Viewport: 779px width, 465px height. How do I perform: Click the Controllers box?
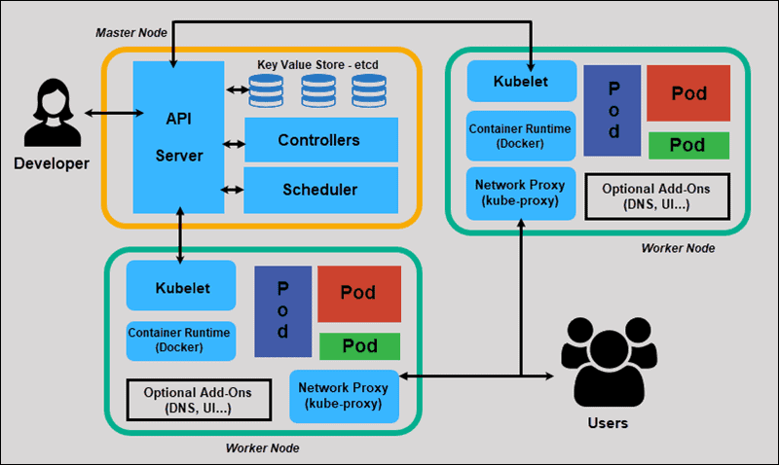319,140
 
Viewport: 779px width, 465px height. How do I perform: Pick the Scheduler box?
319,190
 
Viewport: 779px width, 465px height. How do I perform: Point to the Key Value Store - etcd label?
317,64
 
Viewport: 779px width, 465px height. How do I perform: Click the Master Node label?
131,32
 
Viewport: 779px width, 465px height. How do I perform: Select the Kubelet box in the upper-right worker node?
521,81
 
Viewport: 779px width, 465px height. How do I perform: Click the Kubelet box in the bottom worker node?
181,289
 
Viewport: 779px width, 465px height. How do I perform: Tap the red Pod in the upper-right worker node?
688,95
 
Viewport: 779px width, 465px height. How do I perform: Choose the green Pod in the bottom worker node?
359,346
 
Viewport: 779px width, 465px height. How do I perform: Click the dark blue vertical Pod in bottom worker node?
282,310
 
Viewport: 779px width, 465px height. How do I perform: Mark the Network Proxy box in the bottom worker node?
345,395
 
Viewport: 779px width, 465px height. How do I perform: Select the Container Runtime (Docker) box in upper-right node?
521,135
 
